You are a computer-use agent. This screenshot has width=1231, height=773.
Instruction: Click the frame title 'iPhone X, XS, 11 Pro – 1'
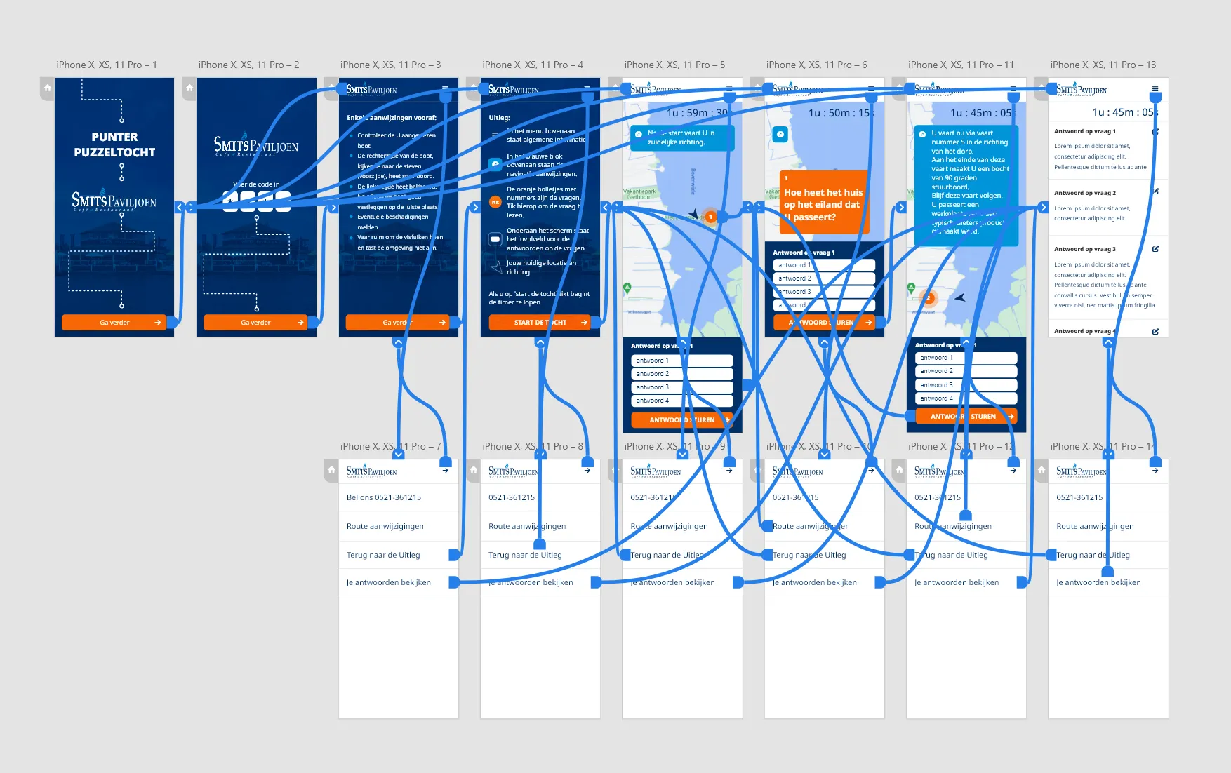(x=107, y=65)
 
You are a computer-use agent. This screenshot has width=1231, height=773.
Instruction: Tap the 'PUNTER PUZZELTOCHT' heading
(x=114, y=144)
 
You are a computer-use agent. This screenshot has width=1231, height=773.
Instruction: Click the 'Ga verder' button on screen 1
(x=114, y=323)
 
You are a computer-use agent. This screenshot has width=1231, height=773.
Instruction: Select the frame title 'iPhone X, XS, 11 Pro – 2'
(x=248, y=65)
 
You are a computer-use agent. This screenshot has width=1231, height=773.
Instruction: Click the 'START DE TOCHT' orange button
(x=540, y=323)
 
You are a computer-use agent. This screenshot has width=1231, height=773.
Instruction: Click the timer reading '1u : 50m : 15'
(x=839, y=112)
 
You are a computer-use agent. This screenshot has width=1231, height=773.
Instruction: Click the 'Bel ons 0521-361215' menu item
(x=384, y=497)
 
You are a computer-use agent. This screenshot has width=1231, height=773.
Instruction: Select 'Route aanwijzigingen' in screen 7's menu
(x=385, y=526)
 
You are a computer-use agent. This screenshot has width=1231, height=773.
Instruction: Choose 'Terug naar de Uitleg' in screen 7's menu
(x=383, y=555)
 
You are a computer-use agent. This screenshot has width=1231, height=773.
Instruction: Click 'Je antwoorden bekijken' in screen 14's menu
(x=1098, y=582)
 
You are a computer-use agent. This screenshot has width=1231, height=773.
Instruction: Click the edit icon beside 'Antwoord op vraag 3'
(x=1155, y=249)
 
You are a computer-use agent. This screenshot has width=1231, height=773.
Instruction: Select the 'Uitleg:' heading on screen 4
(x=499, y=118)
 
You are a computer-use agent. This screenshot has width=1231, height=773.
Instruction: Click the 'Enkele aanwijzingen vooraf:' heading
(x=391, y=118)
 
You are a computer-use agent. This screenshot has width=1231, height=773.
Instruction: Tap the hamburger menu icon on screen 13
(x=1155, y=89)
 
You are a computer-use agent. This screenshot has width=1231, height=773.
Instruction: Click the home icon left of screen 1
(x=47, y=88)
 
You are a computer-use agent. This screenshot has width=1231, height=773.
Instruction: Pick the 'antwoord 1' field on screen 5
(x=681, y=361)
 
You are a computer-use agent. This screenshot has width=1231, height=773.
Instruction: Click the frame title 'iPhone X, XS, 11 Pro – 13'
(x=1103, y=65)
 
